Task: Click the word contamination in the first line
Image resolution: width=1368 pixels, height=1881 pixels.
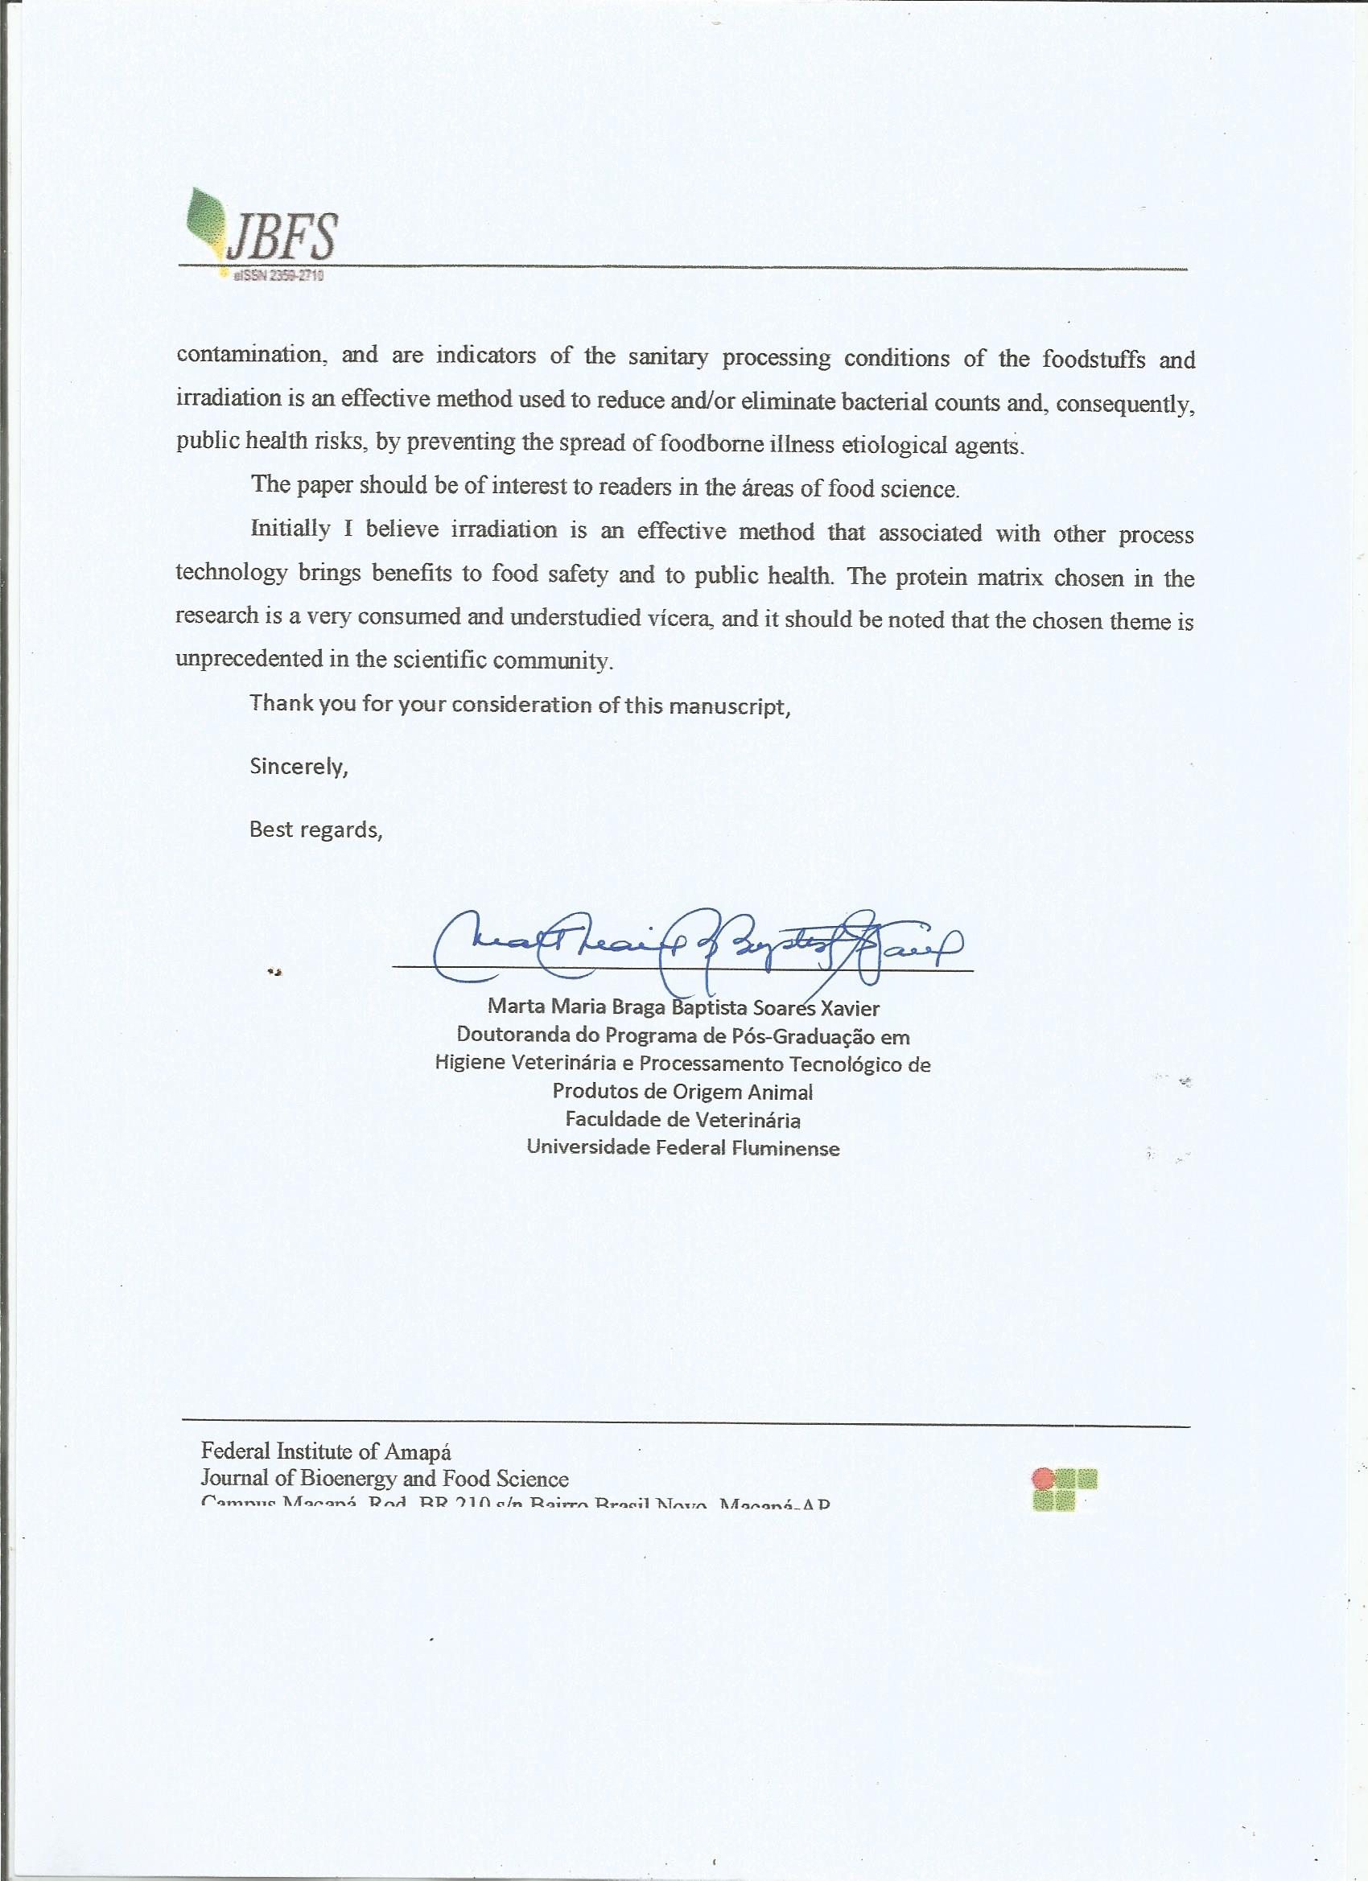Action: tap(248, 355)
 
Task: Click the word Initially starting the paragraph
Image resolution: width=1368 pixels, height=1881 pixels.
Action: tap(290, 529)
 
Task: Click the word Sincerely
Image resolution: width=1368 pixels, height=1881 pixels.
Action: tap(299, 767)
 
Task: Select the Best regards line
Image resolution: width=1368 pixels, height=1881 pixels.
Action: tap(316, 829)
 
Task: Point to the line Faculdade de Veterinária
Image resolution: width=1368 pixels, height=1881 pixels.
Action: tap(682, 1120)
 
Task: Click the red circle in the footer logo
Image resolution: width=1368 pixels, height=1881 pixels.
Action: tap(1042, 1477)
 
